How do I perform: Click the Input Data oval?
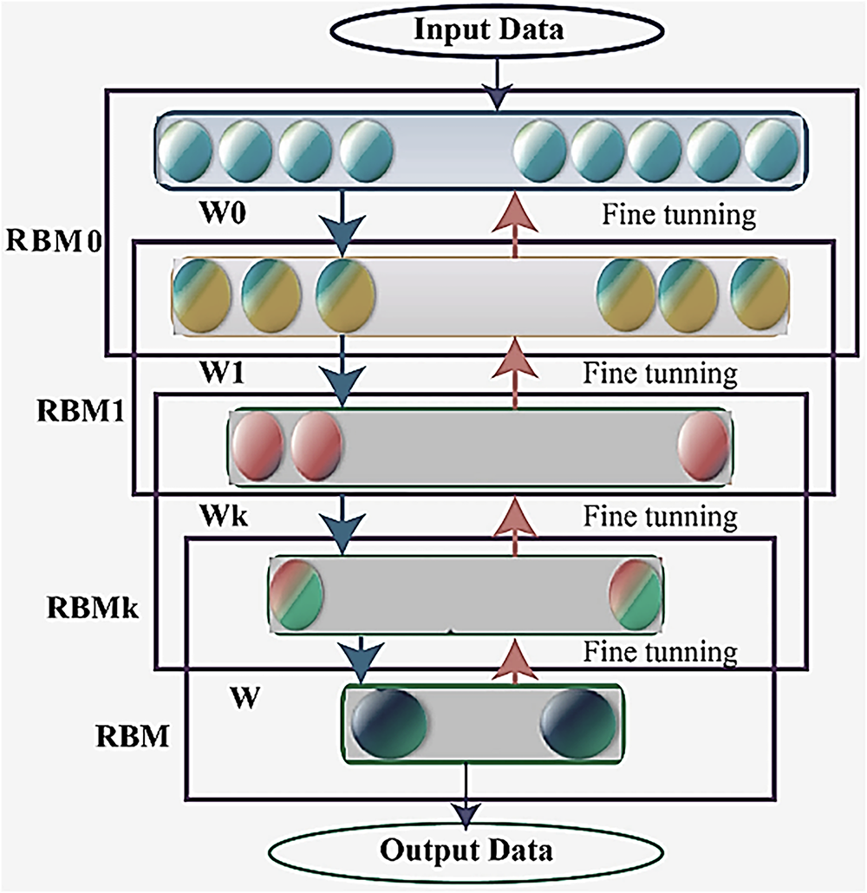click(x=497, y=29)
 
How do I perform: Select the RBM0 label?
click(x=54, y=241)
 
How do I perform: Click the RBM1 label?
click(x=81, y=411)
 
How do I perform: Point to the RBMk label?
click(x=92, y=608)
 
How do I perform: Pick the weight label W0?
click(x=223, y=212)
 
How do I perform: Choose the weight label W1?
click(x=222, y=373)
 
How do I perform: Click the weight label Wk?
click(x=224, y=516)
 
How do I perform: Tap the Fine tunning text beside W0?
click(x=679, y=215)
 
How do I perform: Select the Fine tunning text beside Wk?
click(x=660, y=517)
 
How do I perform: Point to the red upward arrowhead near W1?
click(x=515, y=358)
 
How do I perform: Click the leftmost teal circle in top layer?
click(x=185, y=152)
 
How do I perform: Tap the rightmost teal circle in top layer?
click(x=772, y=150)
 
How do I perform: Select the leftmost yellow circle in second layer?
click(x=201, y=296)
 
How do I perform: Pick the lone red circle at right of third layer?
click(x=703, y=446)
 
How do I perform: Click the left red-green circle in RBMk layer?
click(x=296, y=595)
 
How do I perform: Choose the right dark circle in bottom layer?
click(x=578, y=724)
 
